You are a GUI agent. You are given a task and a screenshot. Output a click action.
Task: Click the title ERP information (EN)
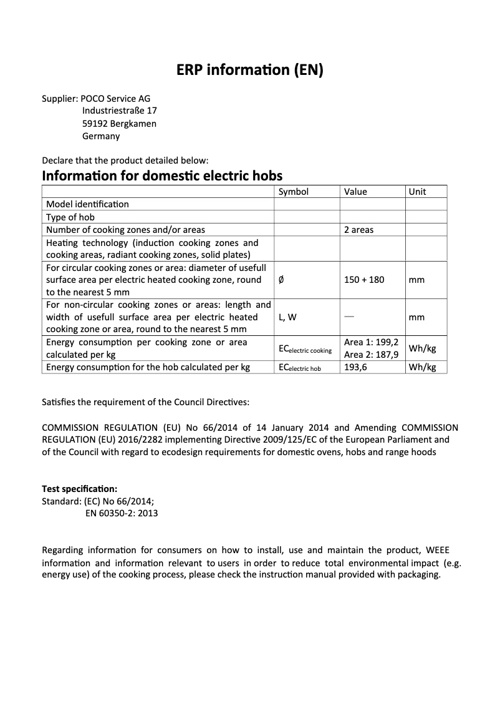[x=250, y=71]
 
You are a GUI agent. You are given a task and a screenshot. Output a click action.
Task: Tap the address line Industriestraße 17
[x=119, y=111]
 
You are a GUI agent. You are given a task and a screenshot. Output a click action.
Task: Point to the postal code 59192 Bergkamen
[x=119, y=124]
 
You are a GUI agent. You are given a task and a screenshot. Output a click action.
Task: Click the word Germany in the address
[x=101, y=136]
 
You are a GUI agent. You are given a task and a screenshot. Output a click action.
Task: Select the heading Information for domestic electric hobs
[x=162, y=175]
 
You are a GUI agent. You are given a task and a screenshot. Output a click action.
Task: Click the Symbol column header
[x=293, y=192]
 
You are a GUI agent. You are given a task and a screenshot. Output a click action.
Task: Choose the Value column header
[x=355, y=192]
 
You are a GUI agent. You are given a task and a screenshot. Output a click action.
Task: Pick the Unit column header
[x=417, y=192]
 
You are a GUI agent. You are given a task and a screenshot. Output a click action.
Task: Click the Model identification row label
[x=87, y=204]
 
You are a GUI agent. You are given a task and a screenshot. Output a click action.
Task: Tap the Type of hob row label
[x=70, y=217]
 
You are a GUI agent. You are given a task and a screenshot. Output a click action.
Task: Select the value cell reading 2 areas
[x=358, y=230]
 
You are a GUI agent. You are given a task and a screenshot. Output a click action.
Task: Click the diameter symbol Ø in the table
[x=281, y=280]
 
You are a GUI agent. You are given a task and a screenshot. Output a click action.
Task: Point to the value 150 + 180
[x=364, y=280]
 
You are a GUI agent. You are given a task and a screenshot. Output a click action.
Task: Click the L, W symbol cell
[x=287, y=317]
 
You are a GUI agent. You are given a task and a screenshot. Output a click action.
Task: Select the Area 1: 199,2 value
[x=371, y=342]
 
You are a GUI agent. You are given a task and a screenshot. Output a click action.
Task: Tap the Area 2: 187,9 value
[x=371, y=355]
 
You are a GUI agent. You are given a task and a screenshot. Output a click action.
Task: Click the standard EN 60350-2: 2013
[x=122, y=513]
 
